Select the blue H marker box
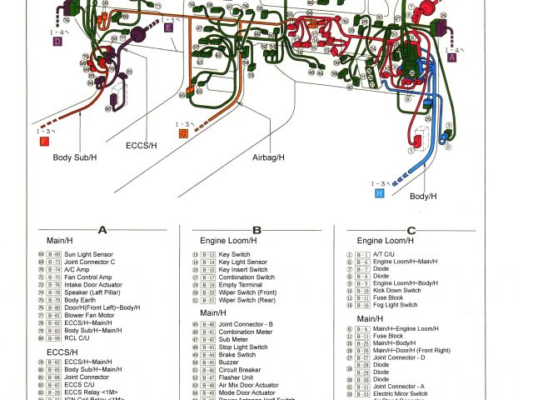379,192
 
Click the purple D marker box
57,40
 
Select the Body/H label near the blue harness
422,196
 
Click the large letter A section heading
102,230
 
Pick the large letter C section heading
411,230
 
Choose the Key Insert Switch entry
243,270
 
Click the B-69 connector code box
54,254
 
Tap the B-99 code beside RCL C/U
54,339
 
